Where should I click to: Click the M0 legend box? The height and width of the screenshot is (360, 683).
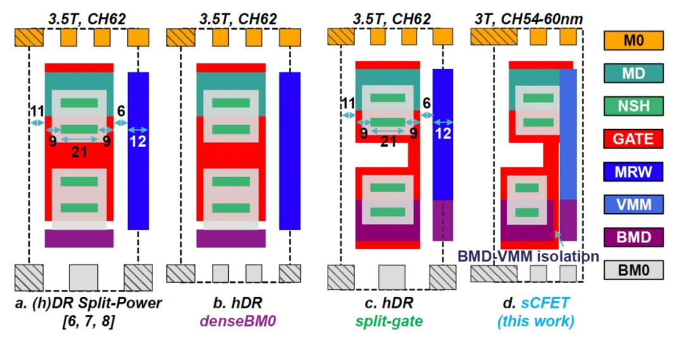pos(633,40)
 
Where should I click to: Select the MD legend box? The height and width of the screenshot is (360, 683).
pos(633,73)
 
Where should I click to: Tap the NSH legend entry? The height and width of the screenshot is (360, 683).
pos(633,106)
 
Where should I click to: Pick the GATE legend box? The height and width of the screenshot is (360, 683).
pos(633,139)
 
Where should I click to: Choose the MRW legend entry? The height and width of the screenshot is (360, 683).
pos(633,171)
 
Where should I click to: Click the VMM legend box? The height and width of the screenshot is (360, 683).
pos(633,204)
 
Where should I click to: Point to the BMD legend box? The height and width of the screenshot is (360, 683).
pos(633,237)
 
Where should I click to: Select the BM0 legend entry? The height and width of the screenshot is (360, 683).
pos(633,270)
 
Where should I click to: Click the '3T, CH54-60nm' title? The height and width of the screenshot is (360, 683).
pos(528,19)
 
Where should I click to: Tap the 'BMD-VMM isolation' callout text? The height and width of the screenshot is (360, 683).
pos(528,256)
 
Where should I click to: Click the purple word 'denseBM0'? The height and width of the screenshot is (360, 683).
pos(238,321)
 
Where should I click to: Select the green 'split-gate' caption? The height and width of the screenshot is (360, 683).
pos(389,321)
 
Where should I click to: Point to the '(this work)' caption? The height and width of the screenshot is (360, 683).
pos(536,321)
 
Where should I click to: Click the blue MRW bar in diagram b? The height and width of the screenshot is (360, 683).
pos(290,151)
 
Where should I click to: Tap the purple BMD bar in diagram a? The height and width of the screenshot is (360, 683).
pos(79,239)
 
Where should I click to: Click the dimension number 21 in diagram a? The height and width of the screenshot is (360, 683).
pos(79,152)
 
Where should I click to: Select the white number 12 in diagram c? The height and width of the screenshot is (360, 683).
pos(443,133)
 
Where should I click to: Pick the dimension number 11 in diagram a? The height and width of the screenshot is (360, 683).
pos(37,111)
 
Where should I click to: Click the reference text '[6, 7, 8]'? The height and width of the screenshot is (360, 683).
pos(89,321)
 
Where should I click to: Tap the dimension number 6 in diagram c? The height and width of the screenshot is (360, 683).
pos(426,103)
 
